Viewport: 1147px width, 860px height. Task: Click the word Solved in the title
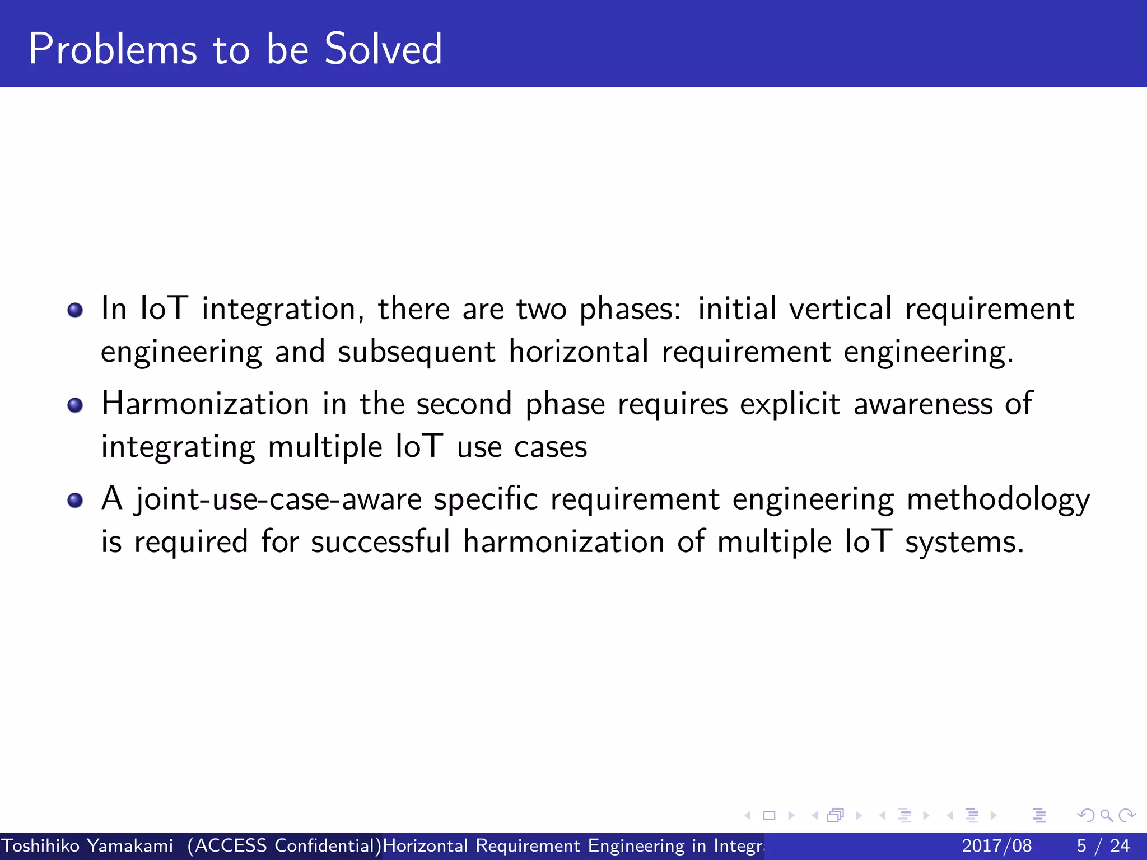[383, 49]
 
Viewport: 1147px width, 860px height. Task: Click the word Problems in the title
[113, 49]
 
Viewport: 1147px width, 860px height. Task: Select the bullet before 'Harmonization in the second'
[75, 405]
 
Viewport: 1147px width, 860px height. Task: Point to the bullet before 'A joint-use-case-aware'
[75, 500]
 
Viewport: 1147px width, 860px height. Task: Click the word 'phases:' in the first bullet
[630, 310]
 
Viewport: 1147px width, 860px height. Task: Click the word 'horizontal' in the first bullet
[579, 352]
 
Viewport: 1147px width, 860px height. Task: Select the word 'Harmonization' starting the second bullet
[205, 404]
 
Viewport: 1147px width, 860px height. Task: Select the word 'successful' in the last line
[380, 542]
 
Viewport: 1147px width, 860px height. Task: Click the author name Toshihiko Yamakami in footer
[87, 845]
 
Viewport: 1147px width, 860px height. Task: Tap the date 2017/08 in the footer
[996, 845]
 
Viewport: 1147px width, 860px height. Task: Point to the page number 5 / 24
[1103, 845]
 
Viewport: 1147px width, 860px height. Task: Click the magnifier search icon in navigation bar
[1106, 815]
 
